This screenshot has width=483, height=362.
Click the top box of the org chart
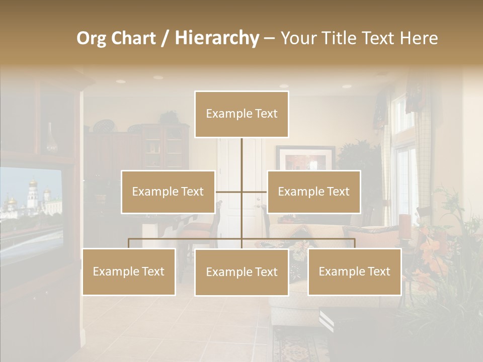pos(242,114)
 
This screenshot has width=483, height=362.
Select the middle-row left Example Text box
pos(168,192)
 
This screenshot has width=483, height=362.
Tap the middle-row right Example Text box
pos(313,192)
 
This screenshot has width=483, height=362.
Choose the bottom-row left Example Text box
pos(129,271)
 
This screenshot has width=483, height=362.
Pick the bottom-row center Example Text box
pos(242,272)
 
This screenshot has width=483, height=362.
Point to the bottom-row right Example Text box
pos(354,271)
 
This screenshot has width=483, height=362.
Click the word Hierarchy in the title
pos(217,38)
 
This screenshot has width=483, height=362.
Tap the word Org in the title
pos(91,38)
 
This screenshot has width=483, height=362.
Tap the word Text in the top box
pos(266,114)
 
